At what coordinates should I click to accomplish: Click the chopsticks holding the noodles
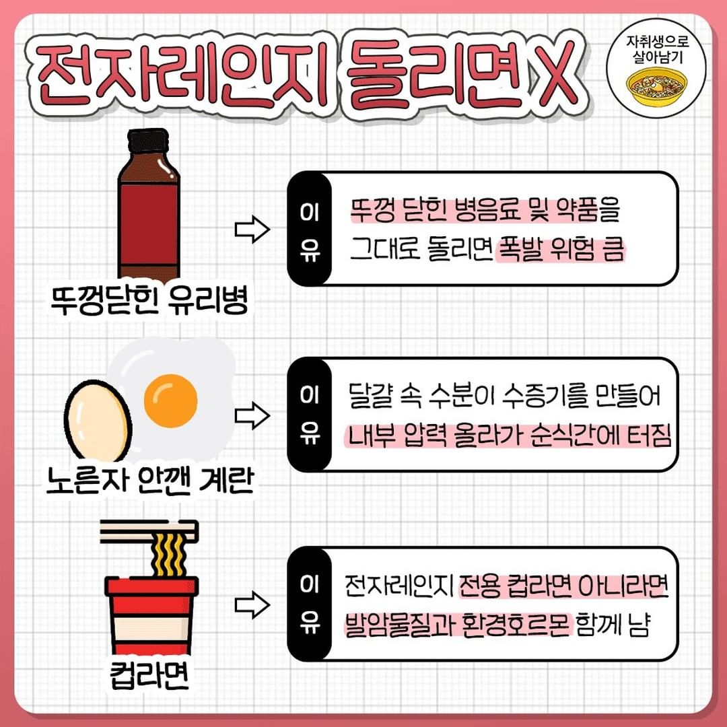tap(148, 531)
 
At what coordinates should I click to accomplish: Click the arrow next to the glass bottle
tap(252, 230)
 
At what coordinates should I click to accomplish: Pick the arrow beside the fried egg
tap(252, 416)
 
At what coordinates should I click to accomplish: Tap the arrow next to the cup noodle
tap(252, 604)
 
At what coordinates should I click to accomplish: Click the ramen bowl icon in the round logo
tap(656, 84)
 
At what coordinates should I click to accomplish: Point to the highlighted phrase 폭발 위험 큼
tap(561, 251)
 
